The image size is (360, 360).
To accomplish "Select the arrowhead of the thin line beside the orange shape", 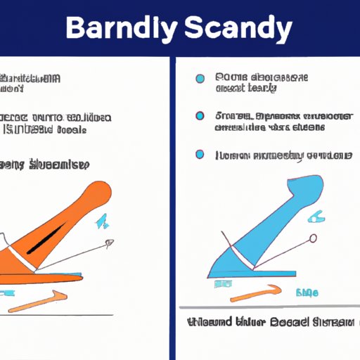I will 109,243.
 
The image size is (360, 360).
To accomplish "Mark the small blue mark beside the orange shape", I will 100,223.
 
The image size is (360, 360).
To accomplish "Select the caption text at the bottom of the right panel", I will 271,323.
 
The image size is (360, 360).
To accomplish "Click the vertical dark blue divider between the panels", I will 173,204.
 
